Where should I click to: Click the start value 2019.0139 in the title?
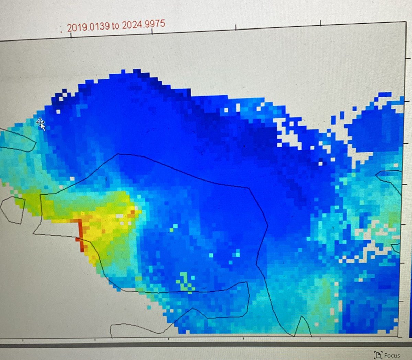tap(88, 27)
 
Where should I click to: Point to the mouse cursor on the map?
tap(41, 124)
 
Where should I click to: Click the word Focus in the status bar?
tap(392, 355)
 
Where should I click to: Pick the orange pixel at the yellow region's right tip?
tap(133, 213)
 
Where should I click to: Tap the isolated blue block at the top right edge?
tap(385, 95)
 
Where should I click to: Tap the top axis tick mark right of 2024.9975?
tap(236, 26)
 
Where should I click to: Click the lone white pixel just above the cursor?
tap(58, 112)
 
